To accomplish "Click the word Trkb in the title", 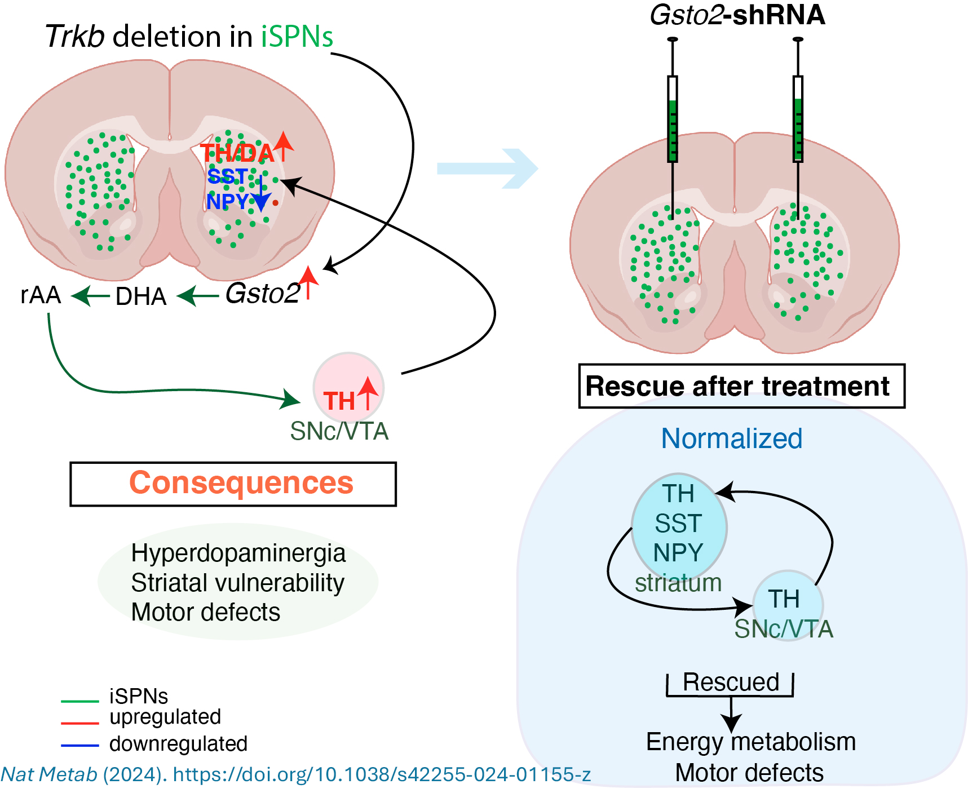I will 74,37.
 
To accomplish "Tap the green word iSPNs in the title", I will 297,37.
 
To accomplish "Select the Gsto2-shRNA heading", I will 737,15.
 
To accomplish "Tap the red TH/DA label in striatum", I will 237,153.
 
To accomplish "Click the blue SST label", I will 227,176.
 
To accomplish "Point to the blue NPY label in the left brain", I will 227,201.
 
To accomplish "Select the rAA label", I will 41,295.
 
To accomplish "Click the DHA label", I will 141,296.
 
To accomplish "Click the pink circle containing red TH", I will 348,388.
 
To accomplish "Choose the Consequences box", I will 233,484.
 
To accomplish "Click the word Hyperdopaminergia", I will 238,553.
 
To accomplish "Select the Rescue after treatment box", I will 741,387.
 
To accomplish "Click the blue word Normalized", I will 731,438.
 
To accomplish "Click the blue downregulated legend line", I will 80,746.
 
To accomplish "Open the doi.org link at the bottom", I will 382,774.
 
